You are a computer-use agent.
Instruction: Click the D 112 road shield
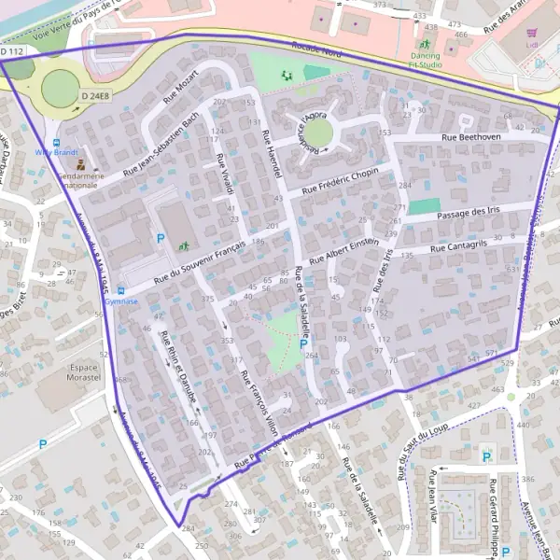[13, 52]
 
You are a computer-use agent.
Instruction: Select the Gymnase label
[120, 301]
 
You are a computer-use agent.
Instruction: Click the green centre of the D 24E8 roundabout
[60, 89]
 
